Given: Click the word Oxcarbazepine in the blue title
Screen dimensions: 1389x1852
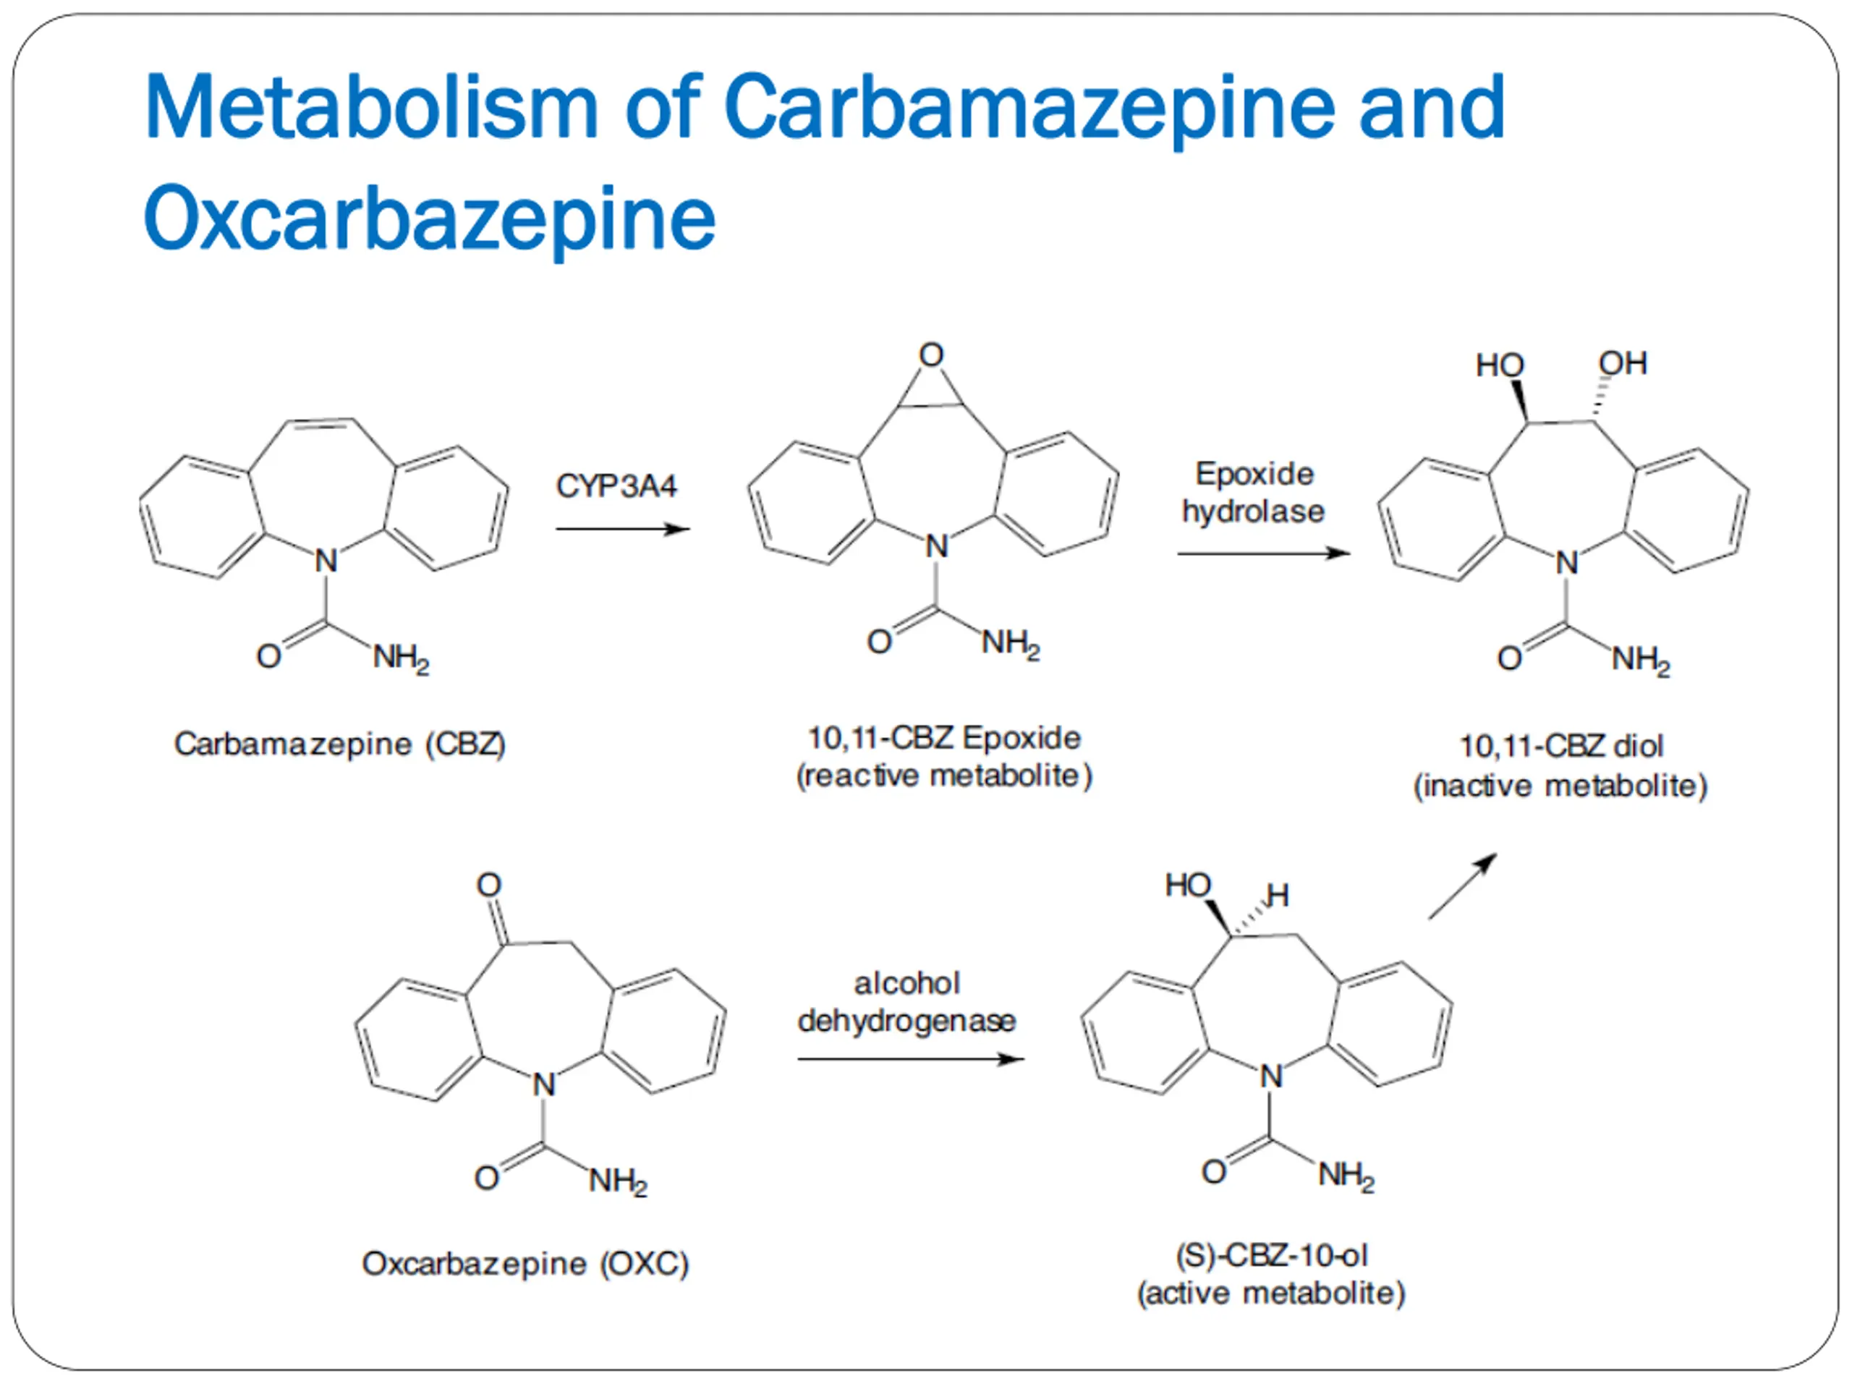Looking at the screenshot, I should (430, 218).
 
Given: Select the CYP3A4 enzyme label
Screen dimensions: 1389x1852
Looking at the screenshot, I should (616, 485).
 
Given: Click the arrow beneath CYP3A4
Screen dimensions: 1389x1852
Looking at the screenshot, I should (622, 529).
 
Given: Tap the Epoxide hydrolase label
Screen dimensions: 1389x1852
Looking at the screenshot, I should (1254, 493).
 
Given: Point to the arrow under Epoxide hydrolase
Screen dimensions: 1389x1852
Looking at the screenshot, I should (1262, 553).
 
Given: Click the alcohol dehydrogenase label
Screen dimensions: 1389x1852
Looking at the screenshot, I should (906, 1001).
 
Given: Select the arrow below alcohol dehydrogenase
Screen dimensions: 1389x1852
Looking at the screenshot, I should (910, 1059).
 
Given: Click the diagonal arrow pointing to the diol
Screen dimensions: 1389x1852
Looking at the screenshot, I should (1462, 887).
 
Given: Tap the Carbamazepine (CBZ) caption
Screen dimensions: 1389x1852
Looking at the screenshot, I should (339, 744).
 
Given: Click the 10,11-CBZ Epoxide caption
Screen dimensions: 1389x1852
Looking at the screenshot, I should (943, 738).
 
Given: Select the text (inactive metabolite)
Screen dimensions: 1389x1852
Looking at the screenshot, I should (1560, 786).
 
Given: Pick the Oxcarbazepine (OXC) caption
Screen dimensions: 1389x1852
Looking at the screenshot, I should (525, 1262).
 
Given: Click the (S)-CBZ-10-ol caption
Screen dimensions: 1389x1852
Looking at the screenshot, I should (1271, 1255).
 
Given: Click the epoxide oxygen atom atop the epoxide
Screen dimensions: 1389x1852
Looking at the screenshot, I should (931, 355).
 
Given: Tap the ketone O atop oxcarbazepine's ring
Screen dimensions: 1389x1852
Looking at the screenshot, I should (489, 885).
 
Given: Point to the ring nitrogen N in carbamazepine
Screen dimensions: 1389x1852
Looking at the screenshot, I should (326, 561).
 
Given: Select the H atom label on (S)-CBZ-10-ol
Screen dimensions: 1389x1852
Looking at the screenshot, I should (1278, 896).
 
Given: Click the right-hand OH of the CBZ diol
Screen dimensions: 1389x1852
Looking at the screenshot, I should (1623, 363).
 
